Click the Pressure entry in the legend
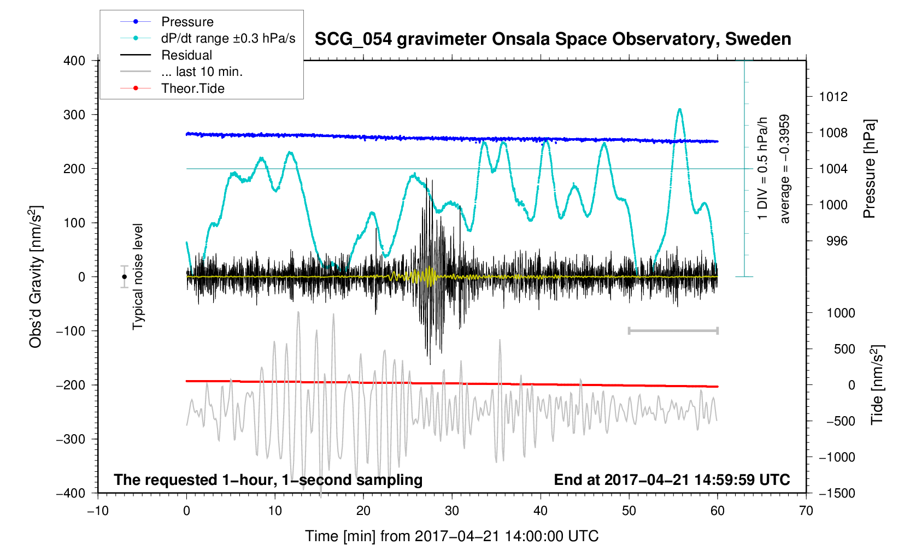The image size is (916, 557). (187, 22)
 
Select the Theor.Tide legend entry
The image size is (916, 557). (192, 88)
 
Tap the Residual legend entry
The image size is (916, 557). (186, 55)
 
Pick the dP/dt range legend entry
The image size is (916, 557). (228, 38)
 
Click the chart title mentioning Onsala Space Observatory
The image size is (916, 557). (553, 39)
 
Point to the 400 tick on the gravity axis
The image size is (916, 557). (74, 61)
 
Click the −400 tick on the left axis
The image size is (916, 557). (71, 493)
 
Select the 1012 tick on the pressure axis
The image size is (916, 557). (833, 97)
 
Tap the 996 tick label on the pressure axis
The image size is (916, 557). (833, 241)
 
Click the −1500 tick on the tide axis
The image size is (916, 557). (836, 493)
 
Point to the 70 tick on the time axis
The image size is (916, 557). (806, 511)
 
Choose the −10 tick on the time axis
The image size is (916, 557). (98, 511)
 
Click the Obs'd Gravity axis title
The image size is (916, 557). (36, 277)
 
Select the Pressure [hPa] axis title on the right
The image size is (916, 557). (869, 169)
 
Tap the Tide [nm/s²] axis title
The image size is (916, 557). (877, 385)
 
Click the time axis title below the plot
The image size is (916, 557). (451, 536)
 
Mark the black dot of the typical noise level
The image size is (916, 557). (125, 277)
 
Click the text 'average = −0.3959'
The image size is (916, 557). (785, 169)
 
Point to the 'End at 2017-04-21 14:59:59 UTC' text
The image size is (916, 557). (672, 480)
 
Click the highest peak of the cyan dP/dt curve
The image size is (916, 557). (680, 109)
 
